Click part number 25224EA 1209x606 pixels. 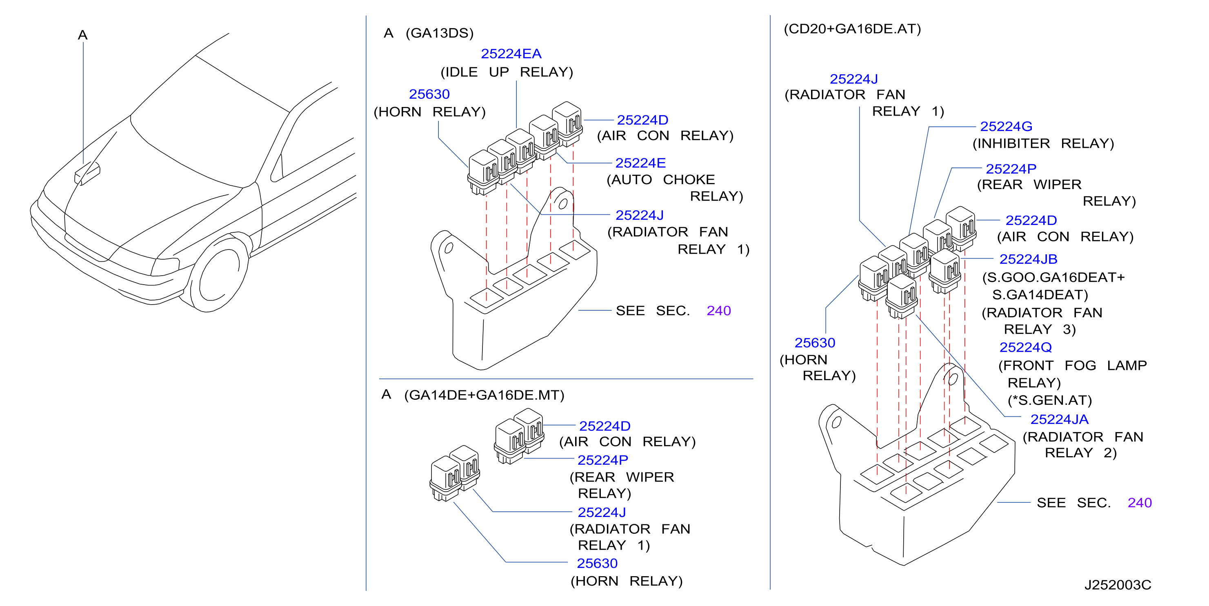click(511, 54)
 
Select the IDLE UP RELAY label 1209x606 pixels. click(507, 72)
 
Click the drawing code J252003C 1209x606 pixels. click(1118, 585)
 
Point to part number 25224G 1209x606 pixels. click(1006, 126)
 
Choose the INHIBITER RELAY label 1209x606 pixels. click(1043, 144)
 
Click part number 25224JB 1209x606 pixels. click(1028, 259)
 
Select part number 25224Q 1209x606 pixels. click(1025, 348)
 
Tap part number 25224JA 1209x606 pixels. click(1059, 419)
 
